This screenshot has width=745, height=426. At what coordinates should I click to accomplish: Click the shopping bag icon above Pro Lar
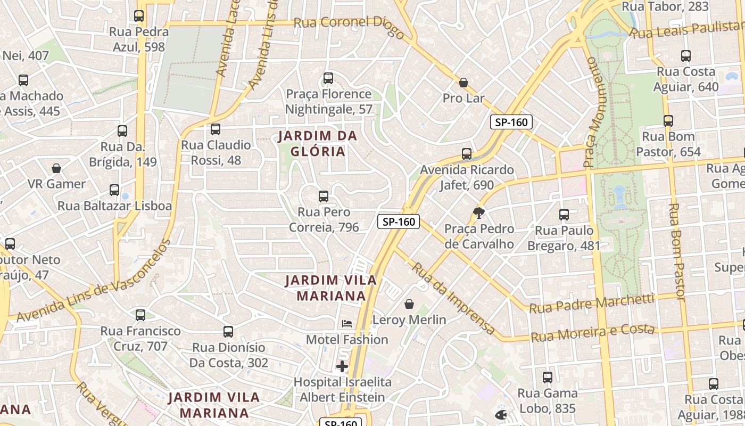[x=463, y=83]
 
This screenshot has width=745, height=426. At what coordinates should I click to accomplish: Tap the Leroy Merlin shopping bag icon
[x=409, y=304]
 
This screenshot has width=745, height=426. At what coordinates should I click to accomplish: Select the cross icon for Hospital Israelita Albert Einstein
[x=342, y=366]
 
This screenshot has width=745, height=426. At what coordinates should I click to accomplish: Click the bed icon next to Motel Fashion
[x=347, y=323]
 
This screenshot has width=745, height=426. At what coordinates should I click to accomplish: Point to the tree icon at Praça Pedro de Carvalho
[x=479, y=213]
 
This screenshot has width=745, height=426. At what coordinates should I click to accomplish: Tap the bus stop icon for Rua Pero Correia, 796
[x=324, y=196]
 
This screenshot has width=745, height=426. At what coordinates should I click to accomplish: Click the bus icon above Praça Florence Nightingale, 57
[x=328, y=78]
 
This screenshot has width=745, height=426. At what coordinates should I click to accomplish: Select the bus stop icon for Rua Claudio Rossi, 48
[x=216, y=129]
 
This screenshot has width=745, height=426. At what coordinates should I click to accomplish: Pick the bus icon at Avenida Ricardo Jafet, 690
[x=467, y=154]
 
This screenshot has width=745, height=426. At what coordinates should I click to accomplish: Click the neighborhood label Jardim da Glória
[x=318, y=144]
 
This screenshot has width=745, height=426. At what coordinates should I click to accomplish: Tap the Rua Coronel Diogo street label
[x=349, y=25]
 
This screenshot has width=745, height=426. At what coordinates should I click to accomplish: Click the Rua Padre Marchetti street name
[x=592, y=303]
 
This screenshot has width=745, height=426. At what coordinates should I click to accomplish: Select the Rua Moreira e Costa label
[x=593, y=333]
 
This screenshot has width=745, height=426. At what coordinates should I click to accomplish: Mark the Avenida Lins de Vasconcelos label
[x=94, y=282]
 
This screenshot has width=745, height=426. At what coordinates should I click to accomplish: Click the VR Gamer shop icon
[x=56, y=169]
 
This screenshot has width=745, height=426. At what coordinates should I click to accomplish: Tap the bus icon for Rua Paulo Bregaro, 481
[x=564, y=215]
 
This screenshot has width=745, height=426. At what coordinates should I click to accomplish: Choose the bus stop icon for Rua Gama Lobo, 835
[x=548, y=378]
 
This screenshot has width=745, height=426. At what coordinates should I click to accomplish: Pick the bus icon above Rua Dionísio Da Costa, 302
[x=228, y=332]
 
